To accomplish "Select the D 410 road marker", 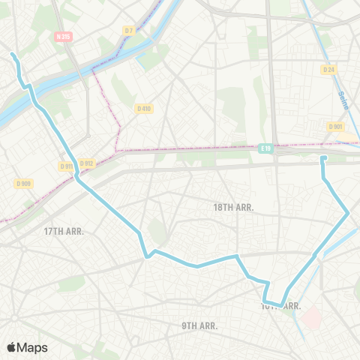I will click(144, 108).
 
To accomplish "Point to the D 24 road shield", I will click(328, 70).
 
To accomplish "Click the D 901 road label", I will click(335, 127).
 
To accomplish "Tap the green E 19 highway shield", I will click(266, 148).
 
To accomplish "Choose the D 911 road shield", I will click(66, 166).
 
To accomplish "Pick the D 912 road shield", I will click(86, 163).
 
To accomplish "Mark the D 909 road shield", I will click(23, 183).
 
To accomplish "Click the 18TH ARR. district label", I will click(234, 206).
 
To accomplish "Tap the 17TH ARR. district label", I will click(63, 231).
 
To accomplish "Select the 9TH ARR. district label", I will click(199, 325).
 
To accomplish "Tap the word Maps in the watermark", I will click(34, 347).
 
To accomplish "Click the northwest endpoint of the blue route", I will click(13, 54).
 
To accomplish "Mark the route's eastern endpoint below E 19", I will click(323, 158).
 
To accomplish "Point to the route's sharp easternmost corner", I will click(349, 214).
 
